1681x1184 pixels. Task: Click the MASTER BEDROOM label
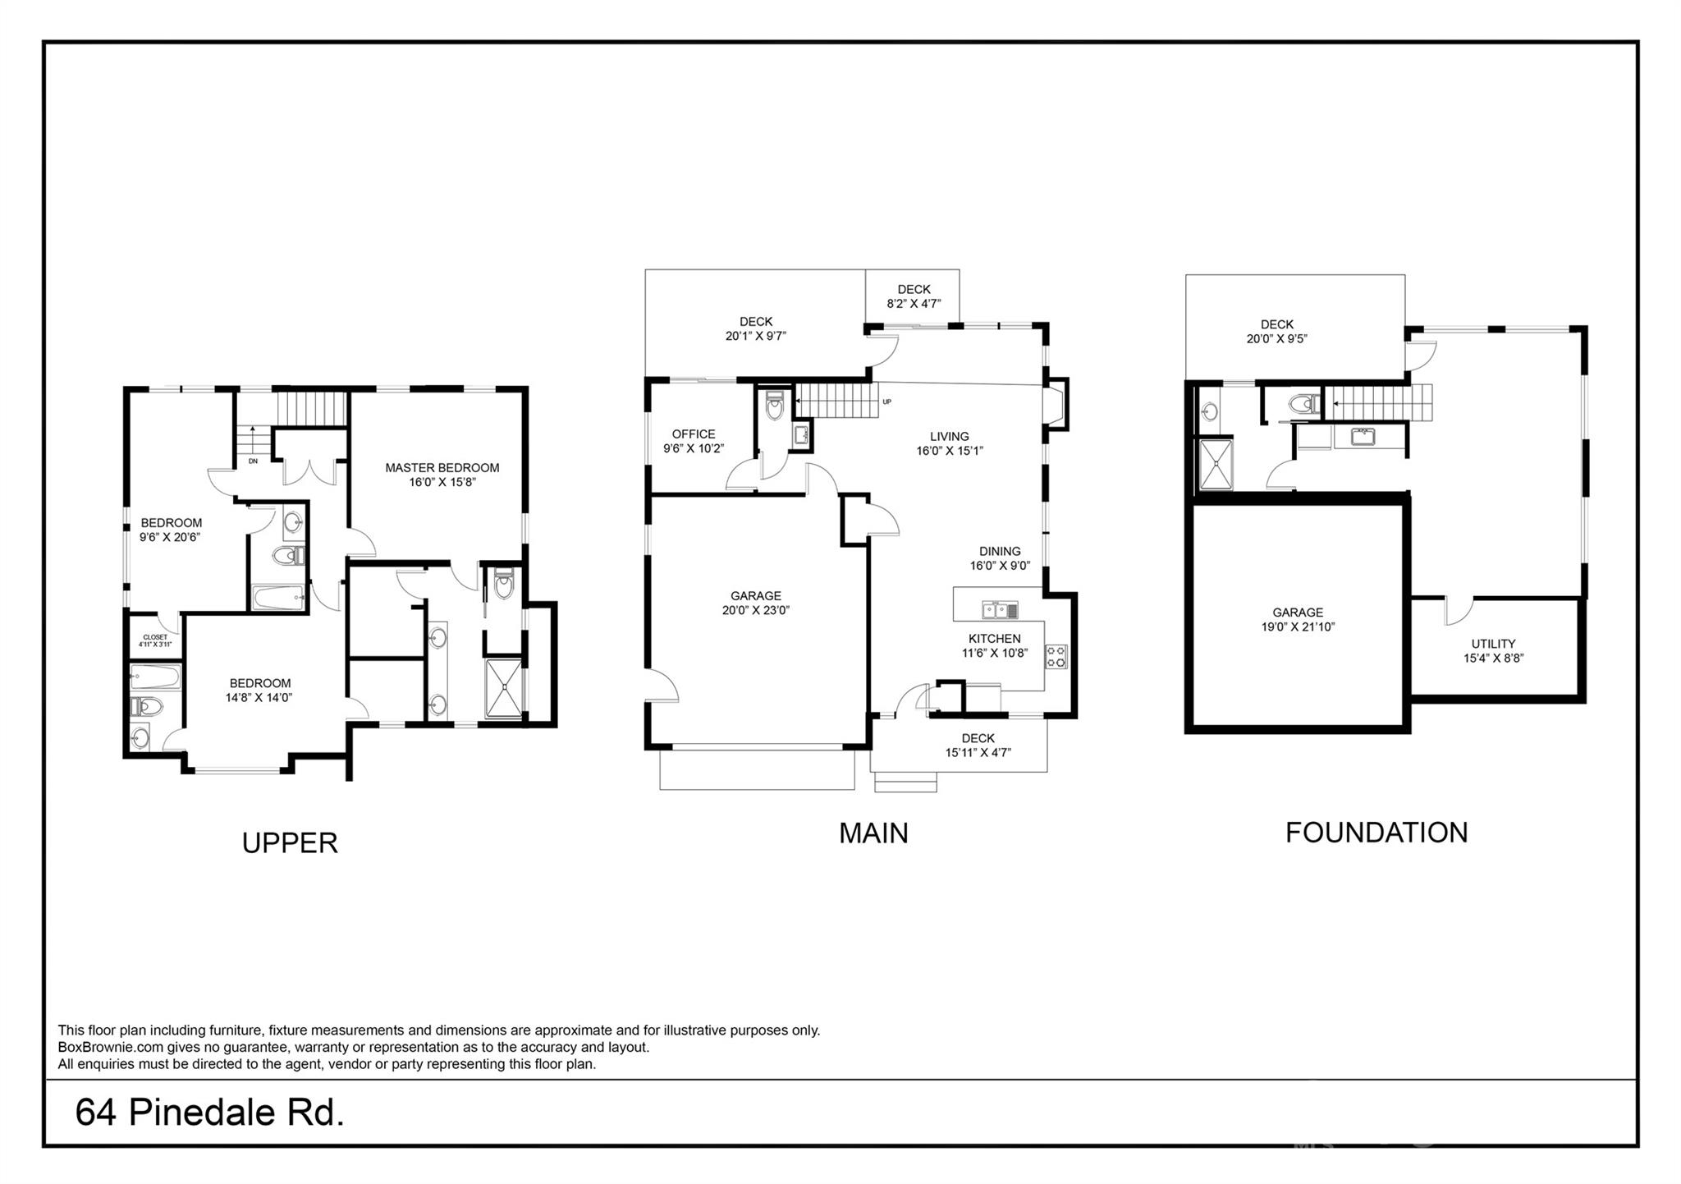442,469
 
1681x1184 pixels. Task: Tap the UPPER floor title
290,843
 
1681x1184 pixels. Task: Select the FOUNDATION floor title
1376,833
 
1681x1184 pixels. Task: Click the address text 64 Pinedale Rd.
209,1113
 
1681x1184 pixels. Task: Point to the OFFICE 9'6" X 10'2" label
694,441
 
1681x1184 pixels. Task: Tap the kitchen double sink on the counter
1000,609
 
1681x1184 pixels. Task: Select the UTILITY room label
1493,645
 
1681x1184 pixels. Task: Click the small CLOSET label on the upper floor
155,637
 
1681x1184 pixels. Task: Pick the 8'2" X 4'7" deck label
914,304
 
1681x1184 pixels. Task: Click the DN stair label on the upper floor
253,461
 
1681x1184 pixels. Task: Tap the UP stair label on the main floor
886,402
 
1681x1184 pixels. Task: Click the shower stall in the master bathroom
503,688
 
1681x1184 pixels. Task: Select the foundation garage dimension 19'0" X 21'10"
1298,627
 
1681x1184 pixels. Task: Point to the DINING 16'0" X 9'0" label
999,558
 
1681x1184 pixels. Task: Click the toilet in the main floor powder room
774,406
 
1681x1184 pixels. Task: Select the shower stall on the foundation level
1216,464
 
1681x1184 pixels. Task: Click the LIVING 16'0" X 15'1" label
949,443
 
